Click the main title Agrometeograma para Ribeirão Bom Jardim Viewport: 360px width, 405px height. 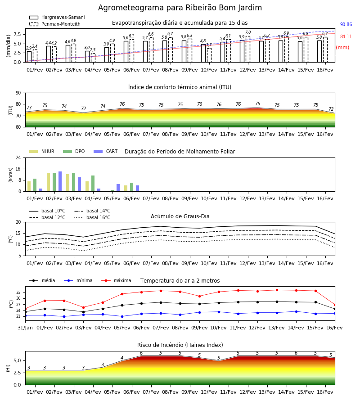180,8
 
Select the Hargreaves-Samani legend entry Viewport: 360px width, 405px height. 57,17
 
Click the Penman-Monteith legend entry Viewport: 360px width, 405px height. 55,24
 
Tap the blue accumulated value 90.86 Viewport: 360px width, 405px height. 346,25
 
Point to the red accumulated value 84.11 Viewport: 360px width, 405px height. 346,37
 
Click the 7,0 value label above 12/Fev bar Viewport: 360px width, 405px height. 248,32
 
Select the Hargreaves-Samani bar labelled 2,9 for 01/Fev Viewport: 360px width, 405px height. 29,57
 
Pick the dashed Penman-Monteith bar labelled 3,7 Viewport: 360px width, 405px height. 209,55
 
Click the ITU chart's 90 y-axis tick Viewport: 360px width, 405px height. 18,93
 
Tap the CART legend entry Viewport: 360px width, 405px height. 105,151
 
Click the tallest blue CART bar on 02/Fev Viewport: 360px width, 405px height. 60,181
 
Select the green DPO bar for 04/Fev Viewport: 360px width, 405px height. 93,184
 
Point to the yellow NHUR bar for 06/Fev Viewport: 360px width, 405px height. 126,188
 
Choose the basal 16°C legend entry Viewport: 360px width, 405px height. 92,217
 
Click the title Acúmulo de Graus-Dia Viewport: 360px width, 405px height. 180,216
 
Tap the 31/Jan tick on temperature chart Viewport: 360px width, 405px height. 25,328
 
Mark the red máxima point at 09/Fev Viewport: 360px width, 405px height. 199,296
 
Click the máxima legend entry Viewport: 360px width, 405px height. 116,280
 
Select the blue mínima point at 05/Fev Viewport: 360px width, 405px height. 122,316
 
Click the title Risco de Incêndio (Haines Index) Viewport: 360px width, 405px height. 180,345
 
